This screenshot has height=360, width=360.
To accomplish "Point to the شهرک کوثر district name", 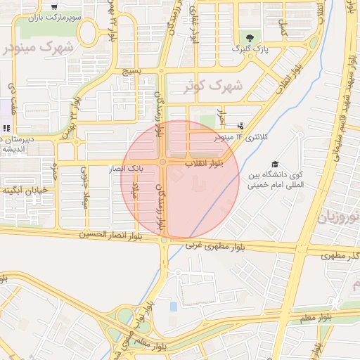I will click(x=214, y=86).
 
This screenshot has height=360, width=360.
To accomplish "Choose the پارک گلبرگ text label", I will click(x=251, y=49).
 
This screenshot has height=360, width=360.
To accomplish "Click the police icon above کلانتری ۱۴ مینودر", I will click(x=241, y=126).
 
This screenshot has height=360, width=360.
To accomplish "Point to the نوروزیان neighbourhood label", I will click(x=340, y=217).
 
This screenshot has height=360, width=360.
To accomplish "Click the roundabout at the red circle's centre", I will click(x=162, y=162).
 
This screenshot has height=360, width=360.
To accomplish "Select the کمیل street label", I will click(x=283, y=29).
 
